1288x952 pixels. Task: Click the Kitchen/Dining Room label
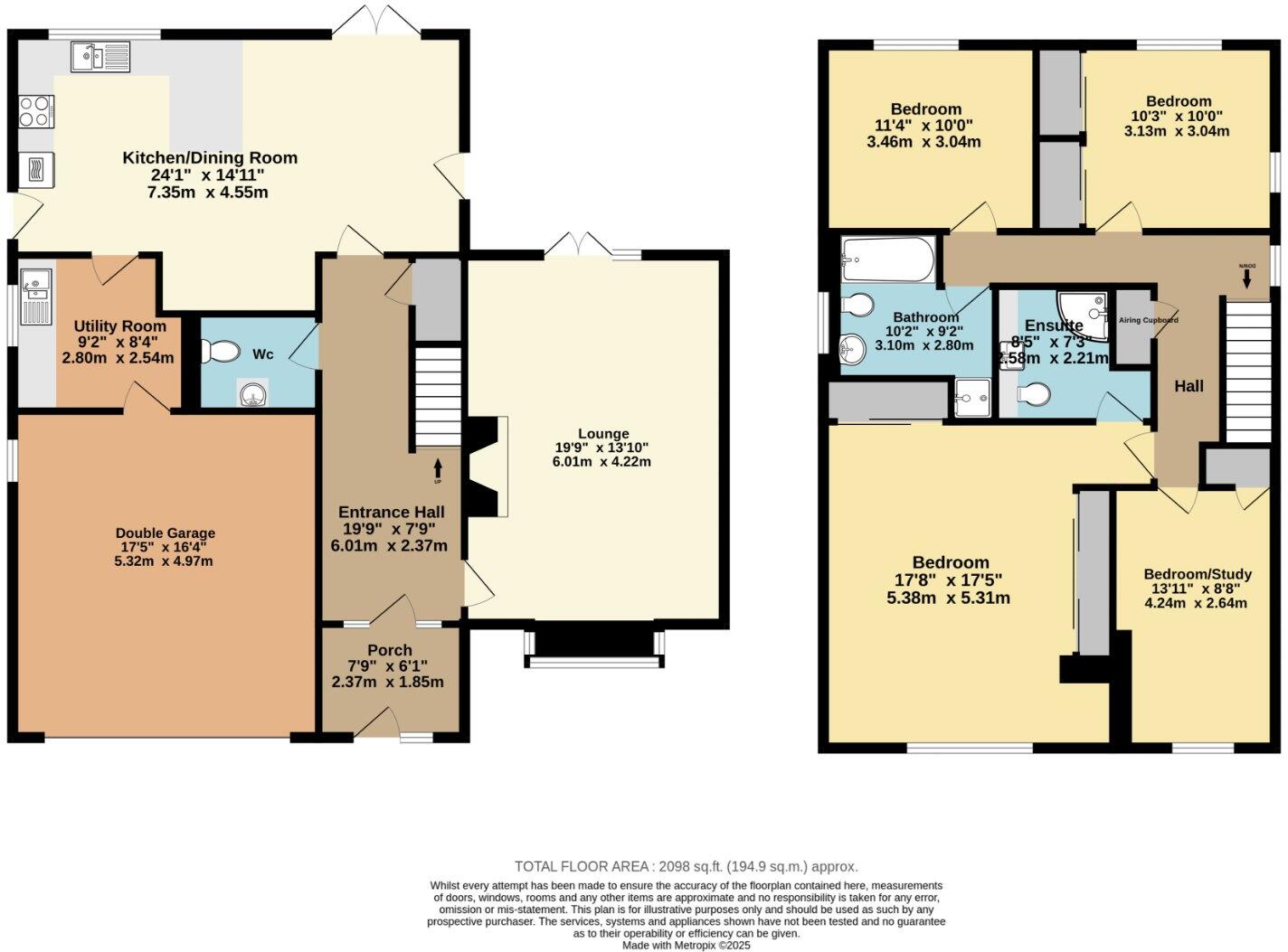coord(210,158)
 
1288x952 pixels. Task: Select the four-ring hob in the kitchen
coord(35,111)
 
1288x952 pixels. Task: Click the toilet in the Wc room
coord(217,350)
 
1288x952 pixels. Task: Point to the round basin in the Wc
coord(253,392)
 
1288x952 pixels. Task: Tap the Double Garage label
coord(166,533)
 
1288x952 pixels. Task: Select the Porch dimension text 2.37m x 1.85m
coord(388,683)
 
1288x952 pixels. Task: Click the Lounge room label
coord(603,434)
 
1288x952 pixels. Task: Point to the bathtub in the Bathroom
coord(887,259)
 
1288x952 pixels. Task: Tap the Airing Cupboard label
coord(1148,320)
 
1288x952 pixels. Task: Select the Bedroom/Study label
coord(1198,574)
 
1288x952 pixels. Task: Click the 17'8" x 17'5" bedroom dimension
coord(950,580)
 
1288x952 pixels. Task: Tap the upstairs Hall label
coord(1189,387)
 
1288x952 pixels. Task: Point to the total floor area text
coord(686,866)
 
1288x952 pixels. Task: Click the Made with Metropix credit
coord(686,945)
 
